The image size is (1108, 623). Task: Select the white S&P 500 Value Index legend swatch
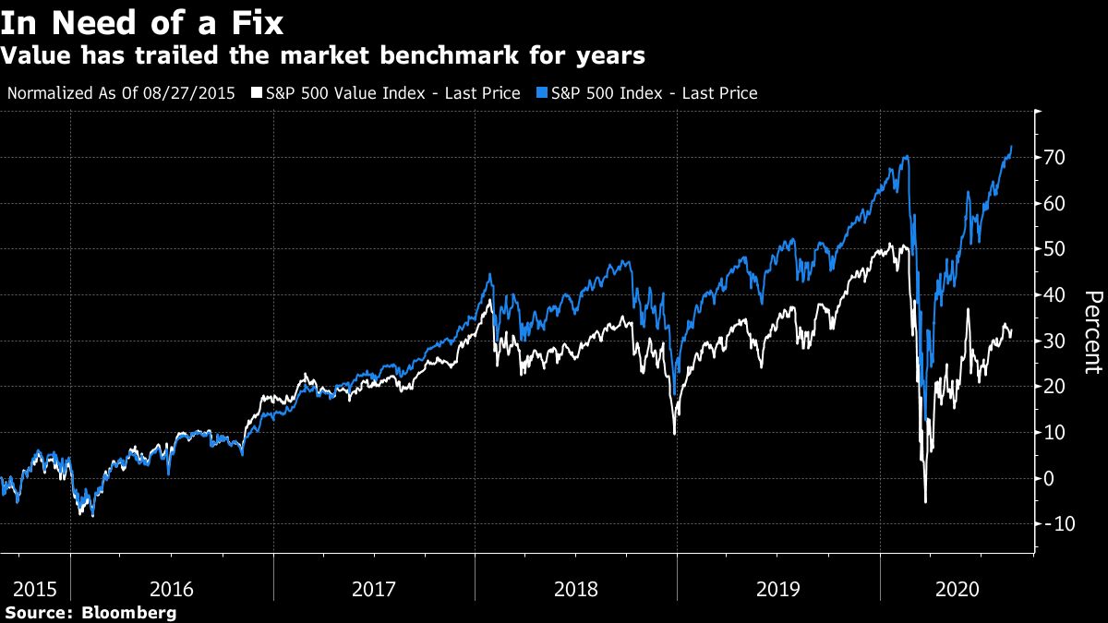[256, 93]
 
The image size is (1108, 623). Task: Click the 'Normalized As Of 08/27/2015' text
[121, 93]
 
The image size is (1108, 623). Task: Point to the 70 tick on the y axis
[1055, 158]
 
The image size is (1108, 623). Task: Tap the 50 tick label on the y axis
[1055, 249]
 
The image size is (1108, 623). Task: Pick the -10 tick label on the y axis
[1053, 523]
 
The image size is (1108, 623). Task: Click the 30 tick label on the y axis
[1055, 341]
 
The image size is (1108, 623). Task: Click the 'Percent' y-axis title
[1092, 331]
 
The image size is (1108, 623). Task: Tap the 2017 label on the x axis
[374, 587]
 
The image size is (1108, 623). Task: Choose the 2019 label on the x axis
[777, 587]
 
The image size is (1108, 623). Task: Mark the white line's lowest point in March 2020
[925, 502]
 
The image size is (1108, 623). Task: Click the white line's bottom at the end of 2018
[674, 434]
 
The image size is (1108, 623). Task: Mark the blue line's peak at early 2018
[489, 274]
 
